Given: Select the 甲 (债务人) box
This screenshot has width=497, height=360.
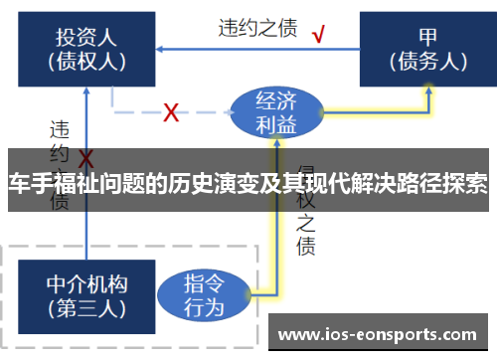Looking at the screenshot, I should tap(428, 48).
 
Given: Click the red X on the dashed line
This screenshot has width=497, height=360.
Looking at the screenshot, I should tap(170, 112).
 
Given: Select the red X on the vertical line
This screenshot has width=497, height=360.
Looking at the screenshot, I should tap(86, 159).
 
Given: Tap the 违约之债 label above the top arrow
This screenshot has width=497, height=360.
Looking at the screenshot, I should tap(257, 28).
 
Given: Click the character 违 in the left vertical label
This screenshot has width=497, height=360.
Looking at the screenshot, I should tap(60, 129).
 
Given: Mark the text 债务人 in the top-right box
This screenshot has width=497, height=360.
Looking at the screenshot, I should tap(428, 61).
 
